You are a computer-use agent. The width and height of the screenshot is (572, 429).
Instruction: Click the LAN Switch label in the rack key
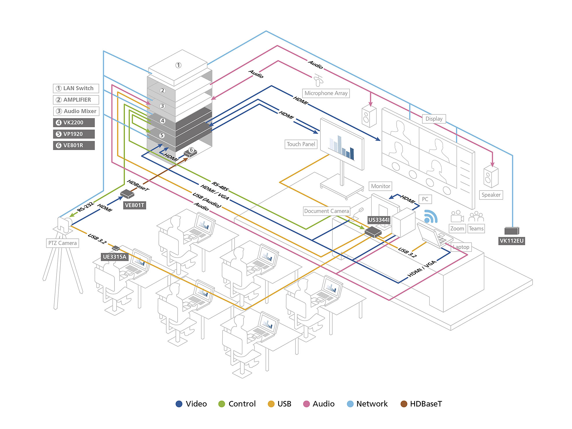coord(76,88)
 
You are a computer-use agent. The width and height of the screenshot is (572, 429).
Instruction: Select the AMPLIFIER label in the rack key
coord(76,100)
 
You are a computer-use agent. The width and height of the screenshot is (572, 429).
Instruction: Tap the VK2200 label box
coord(74,123)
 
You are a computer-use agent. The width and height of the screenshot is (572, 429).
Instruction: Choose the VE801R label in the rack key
coord(74,145)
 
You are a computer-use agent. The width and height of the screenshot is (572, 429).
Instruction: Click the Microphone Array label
coord(326,93)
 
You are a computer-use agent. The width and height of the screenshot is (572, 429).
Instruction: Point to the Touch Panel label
coord(301,144)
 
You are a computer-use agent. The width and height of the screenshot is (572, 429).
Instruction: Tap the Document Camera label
coord(326,211)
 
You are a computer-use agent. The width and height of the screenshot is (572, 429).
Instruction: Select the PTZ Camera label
coord(62,243)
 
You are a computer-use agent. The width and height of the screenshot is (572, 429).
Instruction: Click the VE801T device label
coord(134,205)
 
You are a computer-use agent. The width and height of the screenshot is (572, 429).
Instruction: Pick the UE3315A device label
coord(115,257)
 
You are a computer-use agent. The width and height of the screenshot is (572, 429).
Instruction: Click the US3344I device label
coord(379,220)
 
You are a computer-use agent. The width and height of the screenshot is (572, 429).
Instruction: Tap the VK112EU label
coord(512,241)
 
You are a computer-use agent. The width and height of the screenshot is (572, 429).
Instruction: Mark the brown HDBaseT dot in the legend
coord(404,404)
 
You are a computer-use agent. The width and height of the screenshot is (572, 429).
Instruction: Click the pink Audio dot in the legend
coord(306,404)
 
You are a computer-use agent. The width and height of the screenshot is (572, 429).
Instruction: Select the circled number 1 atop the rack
coord(178,65)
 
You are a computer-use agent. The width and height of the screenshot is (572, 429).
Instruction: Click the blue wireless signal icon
coord(430,217)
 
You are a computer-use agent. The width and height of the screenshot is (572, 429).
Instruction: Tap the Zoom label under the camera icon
coord(457,229)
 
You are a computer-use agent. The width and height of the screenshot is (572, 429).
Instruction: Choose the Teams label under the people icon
coord(476,229)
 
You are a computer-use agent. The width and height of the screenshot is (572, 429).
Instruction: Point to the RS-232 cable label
coord(85,207)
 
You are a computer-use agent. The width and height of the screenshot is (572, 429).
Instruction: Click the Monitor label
coord(381,186)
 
